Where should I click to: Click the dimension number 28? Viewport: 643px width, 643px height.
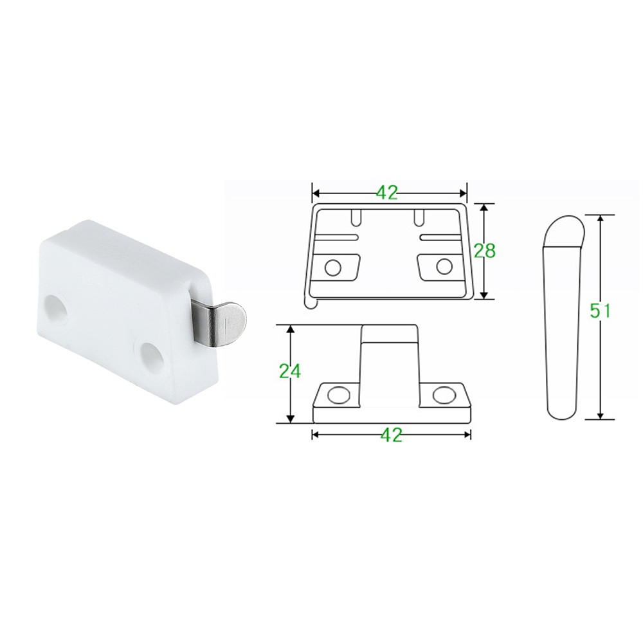click(484, 251)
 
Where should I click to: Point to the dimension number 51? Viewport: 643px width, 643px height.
click(600, 312)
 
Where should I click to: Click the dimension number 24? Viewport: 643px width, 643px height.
click(290, 371)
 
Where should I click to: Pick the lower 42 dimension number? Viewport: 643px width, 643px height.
click(391, 434)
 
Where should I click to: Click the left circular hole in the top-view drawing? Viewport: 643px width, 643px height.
click(332, 267)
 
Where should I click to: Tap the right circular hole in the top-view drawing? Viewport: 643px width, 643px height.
click(444, 267)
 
